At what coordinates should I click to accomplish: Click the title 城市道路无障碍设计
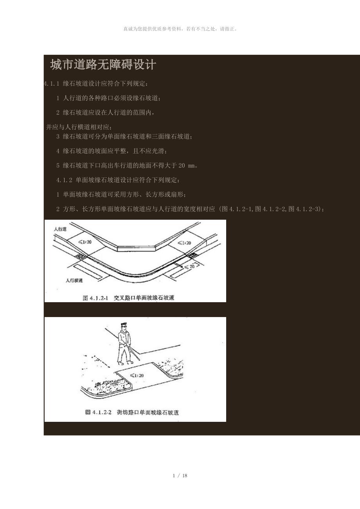[103, 65]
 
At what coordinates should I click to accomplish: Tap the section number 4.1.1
[52, 84]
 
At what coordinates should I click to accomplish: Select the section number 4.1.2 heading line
[118, 180]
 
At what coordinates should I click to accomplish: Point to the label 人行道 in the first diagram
[60, 229]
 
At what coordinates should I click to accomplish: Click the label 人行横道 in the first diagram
[74, 280]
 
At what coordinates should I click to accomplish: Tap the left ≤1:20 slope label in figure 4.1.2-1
[85, 242]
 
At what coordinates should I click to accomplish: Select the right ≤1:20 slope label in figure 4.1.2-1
[184, 243]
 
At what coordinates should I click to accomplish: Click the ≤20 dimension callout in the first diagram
[189, 267]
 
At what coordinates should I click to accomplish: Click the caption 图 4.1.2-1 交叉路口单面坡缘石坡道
[128, 298]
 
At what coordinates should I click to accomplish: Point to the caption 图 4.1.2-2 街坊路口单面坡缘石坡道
[132, 412]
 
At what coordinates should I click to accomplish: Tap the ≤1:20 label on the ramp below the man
[137, 375]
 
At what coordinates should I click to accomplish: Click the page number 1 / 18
[180, 476]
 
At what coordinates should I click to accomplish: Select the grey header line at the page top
[180, 29]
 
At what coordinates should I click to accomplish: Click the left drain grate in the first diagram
[81, 256]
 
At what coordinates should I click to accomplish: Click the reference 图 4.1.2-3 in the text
[304, 209]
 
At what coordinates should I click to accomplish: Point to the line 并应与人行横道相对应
[79, 127]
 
